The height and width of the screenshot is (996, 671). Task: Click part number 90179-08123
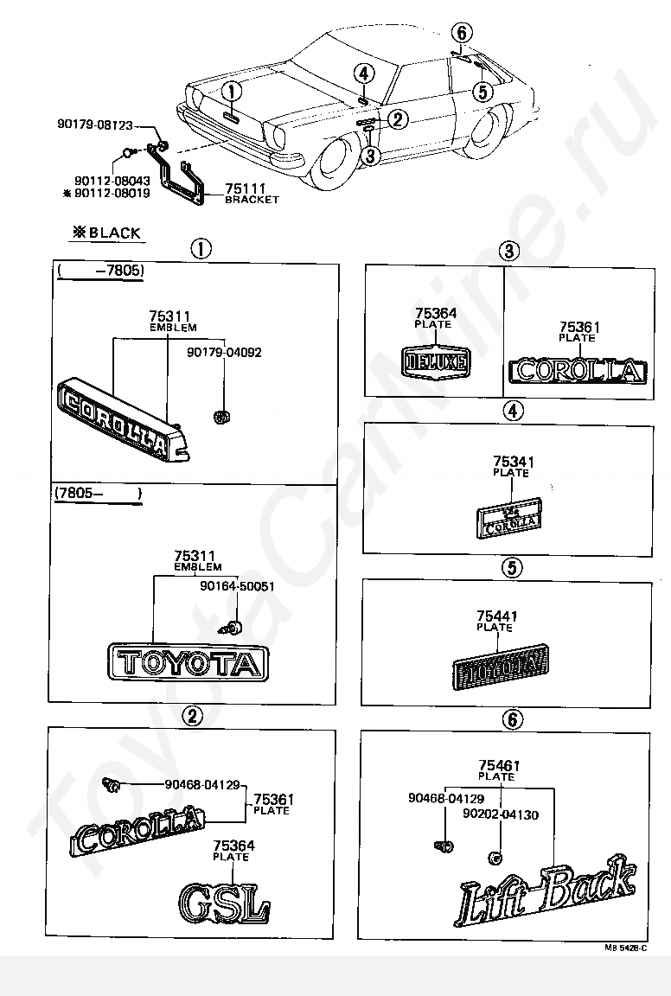(105, 124)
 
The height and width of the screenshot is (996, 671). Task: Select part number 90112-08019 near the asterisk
(112, 194)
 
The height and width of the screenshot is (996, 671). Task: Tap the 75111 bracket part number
(246, 188)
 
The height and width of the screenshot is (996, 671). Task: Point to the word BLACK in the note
(114, 233)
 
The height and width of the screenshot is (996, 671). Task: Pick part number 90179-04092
(225, 352)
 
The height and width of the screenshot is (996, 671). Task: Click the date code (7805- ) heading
(97, 494)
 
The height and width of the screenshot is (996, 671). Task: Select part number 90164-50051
(237, 585)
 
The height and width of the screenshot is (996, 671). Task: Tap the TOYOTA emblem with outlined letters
(188, 663)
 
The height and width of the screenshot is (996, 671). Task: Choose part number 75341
(513, 462)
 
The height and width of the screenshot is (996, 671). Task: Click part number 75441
(497, 616)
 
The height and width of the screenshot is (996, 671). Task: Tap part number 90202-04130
(500, 814)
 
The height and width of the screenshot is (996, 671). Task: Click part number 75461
(498, 765)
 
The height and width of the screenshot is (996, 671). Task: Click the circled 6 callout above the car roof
(462, 33)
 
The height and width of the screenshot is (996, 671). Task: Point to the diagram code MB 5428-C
(626, 948)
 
